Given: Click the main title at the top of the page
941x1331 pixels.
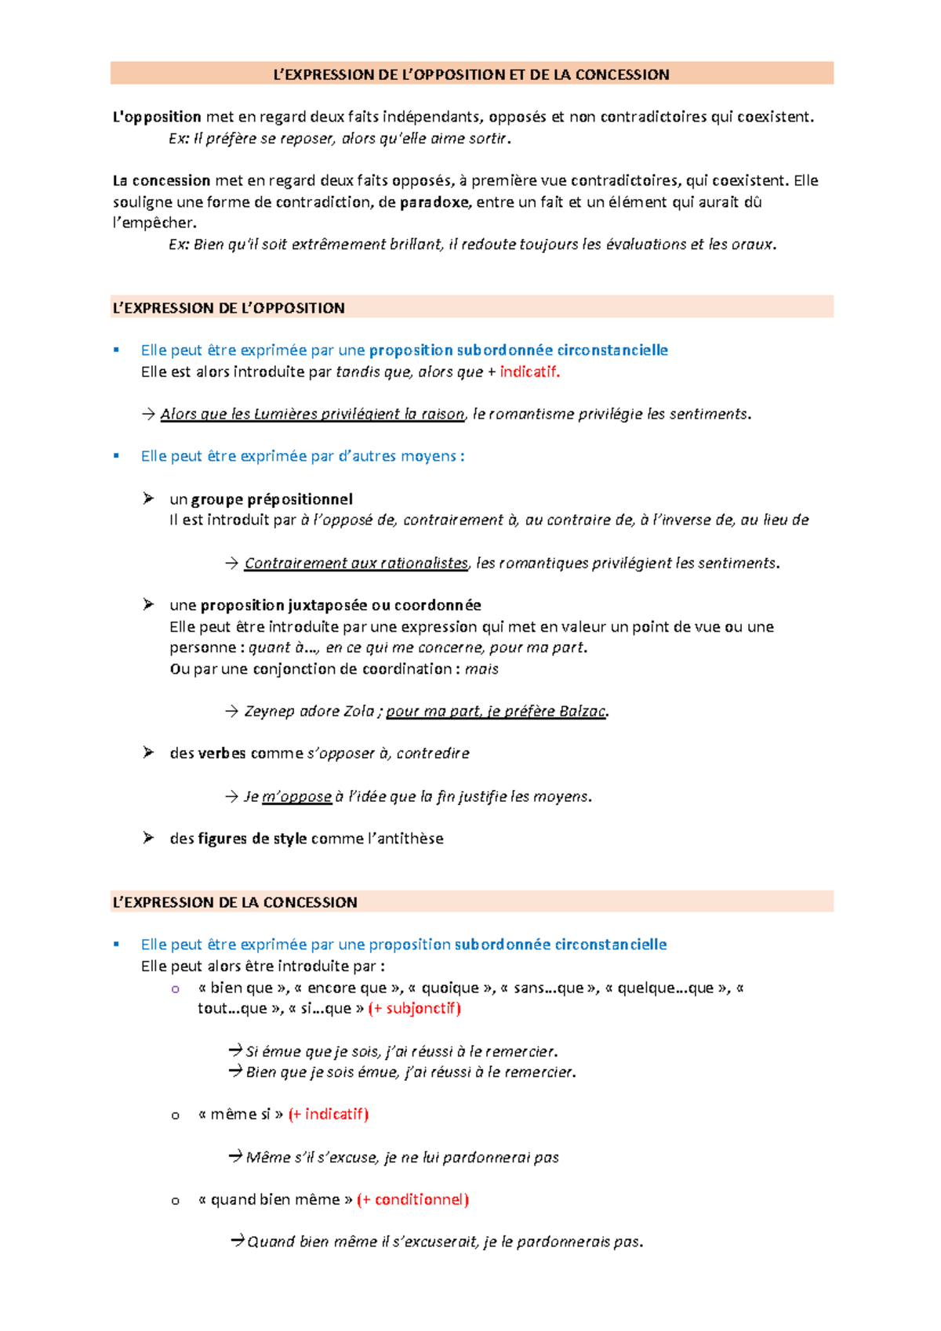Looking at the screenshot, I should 470,74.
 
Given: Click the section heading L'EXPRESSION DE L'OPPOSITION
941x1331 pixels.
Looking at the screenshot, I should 228,308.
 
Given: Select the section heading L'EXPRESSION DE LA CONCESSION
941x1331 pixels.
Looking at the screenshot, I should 234,902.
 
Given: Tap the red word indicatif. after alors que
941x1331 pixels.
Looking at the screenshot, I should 529,372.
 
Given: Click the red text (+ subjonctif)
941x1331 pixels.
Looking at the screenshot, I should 414,1008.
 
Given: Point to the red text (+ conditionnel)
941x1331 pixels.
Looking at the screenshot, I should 412,1199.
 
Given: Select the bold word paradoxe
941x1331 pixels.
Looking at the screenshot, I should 434,202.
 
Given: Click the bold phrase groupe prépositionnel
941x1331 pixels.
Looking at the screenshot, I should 271,499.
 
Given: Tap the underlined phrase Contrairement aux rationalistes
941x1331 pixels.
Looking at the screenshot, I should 356,563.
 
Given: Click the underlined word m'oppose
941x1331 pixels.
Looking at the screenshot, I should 296,796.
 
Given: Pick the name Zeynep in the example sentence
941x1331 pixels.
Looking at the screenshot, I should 270,711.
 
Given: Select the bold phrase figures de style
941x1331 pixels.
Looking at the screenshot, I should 252,839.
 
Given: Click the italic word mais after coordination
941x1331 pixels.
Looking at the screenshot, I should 481,669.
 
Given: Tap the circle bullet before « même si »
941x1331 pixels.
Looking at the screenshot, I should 175,1115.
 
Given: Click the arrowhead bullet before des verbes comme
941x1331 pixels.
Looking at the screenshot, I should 148,753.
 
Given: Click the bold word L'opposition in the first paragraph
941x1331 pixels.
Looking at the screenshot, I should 157,117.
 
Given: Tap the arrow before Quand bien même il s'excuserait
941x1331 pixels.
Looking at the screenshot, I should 237,1241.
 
